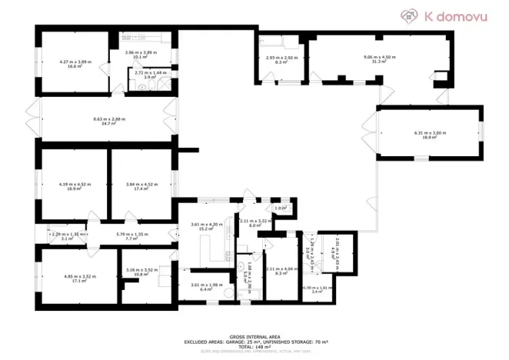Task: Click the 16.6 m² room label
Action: pyautogui.click(x=75, y=67)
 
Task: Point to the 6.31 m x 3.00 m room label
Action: pyautogui.click(x=430, y=133)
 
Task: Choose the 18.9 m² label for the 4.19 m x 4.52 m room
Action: pyautogui.click(x=74, y=188)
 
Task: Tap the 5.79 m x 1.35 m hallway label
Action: pyautogui.click(x=131, y=234)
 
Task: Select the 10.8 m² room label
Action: pyautogui.click(x=141, y=275)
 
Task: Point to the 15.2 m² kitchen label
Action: pyautogui.click(x=206, y=228)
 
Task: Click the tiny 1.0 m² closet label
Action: pyautogui.click(x=281, y=208)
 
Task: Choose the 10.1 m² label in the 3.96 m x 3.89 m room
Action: pyautogui.click(x=141, y=56)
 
